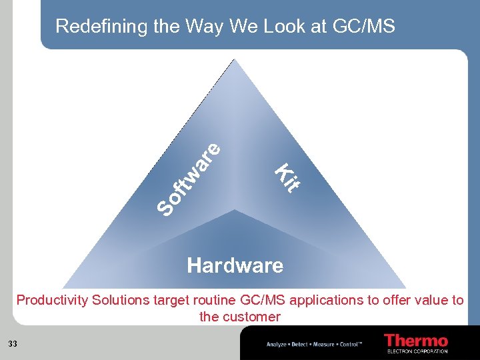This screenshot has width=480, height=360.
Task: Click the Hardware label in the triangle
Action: tap(235, 266)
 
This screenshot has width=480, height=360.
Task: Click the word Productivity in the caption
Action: tap(52, 300)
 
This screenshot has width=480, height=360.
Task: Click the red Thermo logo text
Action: tap(415, 340)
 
